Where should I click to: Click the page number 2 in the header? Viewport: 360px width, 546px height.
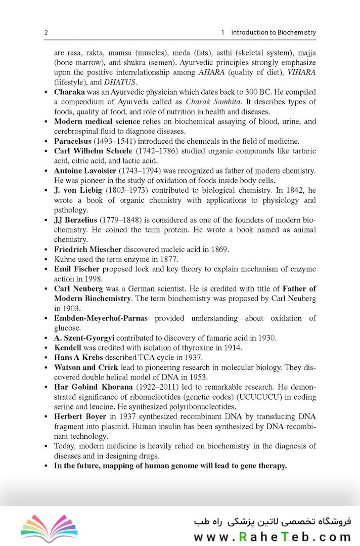pos(46,32)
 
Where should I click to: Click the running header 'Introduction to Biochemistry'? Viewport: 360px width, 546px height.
pos(273,32)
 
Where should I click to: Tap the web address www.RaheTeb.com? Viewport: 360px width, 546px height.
pos(272,536)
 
